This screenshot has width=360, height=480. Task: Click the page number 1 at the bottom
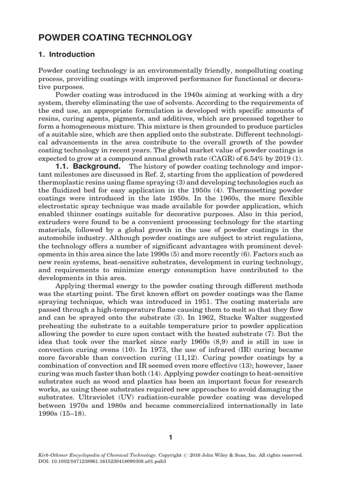pos(171,437)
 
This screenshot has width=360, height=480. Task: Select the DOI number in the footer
pos(108,461)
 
